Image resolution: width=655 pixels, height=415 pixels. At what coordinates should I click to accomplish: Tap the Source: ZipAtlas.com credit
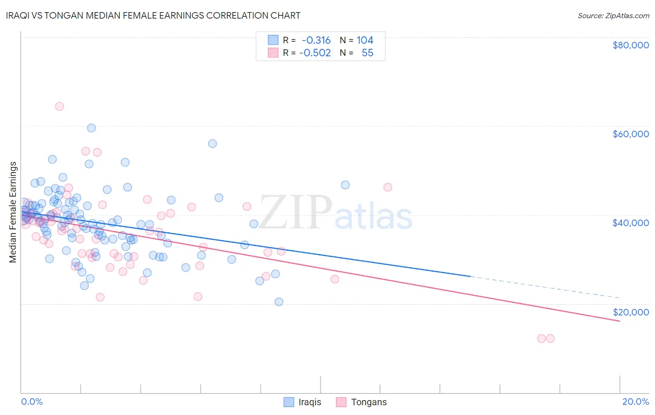coord(613,15)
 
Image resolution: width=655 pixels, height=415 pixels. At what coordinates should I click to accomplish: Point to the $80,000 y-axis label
coord(631,45)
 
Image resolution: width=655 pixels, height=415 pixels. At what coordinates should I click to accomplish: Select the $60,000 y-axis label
coord(631,134)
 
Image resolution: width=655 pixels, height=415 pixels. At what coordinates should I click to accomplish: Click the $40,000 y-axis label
coord(631,223)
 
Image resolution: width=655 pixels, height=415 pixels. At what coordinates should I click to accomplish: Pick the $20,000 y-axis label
coord(631,312)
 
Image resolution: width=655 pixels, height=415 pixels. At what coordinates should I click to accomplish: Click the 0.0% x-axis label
coord(32,402)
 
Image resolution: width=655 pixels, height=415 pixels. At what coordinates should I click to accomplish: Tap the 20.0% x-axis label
coord(635,402)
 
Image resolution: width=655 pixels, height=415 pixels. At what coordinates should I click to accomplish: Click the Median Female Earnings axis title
coord(13,212)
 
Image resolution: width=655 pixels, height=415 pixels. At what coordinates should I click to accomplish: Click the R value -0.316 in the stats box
coord(316,40)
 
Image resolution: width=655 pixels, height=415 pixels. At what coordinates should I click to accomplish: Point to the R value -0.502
coord(315,53)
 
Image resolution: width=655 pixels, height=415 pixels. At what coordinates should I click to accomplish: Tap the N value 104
coord(365,40)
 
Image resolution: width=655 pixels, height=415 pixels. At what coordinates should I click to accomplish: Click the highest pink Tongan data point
coord(59,106)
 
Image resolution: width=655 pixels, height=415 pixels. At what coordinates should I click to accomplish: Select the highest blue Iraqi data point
coord(91,128)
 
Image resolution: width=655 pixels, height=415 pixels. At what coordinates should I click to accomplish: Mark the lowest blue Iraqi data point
coord(279,301)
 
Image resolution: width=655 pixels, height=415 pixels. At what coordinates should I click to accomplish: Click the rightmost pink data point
coord(550,338)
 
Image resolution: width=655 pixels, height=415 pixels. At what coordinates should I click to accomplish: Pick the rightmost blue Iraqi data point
coord(345,185)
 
